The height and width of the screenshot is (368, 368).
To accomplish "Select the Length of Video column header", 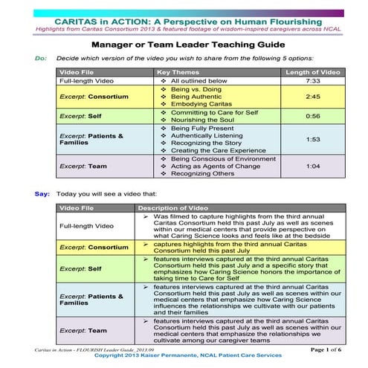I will click(313, 71).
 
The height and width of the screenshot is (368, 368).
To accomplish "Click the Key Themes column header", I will click(180, 71).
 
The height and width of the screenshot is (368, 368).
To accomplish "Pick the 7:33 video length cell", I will click(313, 80).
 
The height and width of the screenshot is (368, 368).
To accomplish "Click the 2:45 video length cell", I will click(313, 97).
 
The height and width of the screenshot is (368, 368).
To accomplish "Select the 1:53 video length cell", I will click(313, 140).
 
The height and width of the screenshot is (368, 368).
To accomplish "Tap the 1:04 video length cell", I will click(313, 167).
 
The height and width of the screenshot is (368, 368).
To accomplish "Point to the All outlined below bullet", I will click(201, 80).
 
